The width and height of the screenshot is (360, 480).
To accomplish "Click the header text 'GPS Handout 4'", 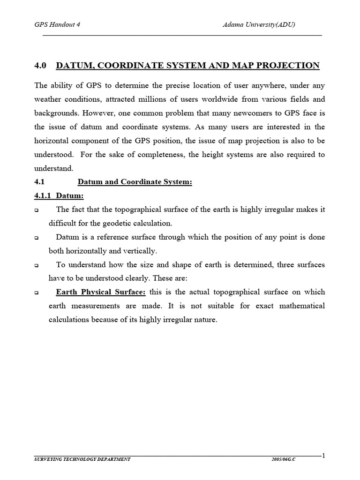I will [x=58, y=25].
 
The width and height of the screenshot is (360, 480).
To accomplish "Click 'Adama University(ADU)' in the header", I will [x=258, y=25].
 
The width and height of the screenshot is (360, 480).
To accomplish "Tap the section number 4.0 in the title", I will [x=40, y=66].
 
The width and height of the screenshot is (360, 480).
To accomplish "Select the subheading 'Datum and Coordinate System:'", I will [x=135, y=182].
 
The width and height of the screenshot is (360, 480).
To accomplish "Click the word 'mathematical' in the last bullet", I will [x=300, y=306].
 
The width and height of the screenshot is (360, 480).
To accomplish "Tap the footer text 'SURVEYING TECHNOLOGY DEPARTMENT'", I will [x=82, y=459].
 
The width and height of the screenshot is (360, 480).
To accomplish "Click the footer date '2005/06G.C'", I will [x=284, y=459].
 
